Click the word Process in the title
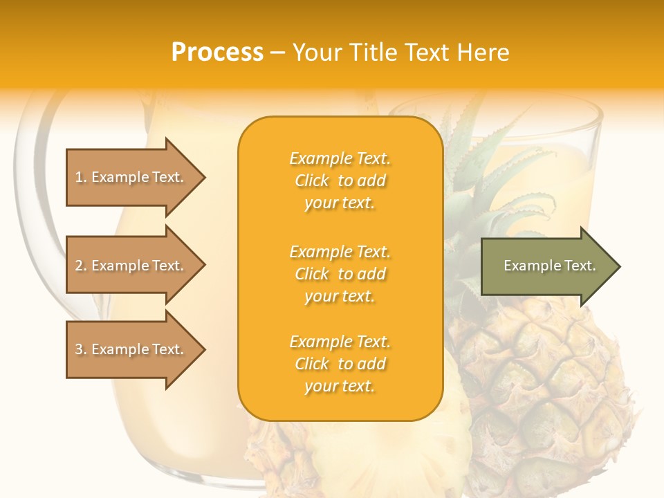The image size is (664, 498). [x=217, y=53]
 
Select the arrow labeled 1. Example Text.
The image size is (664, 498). [x=131, y=177]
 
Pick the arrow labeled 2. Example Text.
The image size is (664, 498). [x=131, y=266]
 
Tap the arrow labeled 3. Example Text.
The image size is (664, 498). [x=131, y=349]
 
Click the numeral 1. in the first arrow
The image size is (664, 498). [x=81, y=177]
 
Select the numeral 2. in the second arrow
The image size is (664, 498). [x=81, y=266]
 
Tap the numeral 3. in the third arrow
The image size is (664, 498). [x=81, y=349]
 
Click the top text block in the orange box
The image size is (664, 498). [x=340, y=181]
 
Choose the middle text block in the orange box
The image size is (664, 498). [x=340, y=274]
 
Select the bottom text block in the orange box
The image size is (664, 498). [x=340, y=364]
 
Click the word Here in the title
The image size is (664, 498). [x=483, y=53]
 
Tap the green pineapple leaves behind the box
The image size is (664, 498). [x=484, y=180]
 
